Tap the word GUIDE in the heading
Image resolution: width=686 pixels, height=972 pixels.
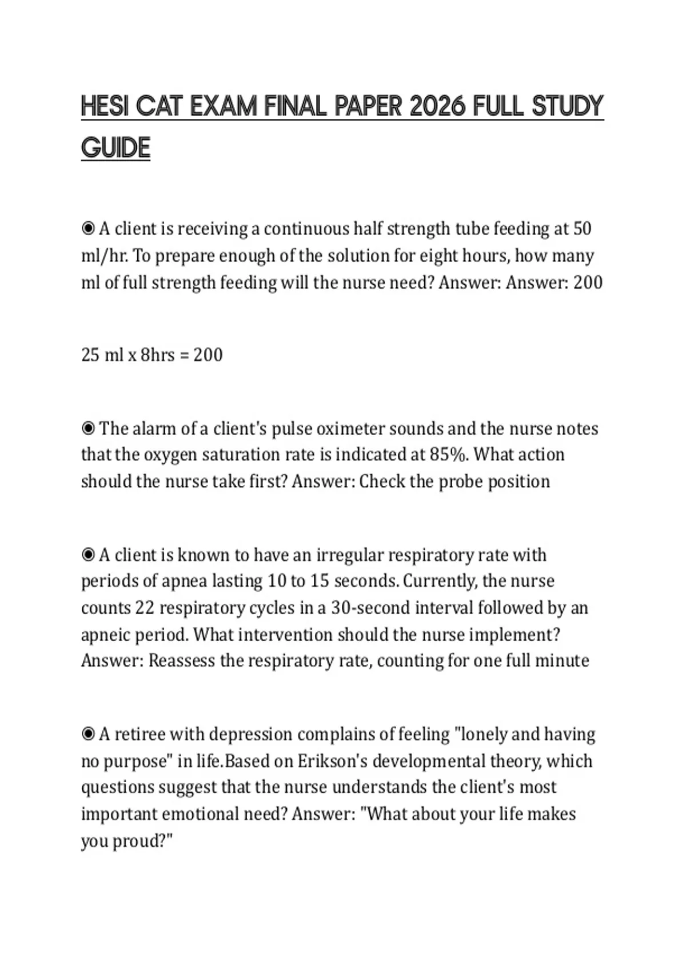(115, 148)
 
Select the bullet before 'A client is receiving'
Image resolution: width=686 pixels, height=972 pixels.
(88, 229)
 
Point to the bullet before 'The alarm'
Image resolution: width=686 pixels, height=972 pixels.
(88, 428)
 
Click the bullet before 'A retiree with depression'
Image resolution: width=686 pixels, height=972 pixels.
(88, 734)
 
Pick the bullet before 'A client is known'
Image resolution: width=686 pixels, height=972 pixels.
(88, 555)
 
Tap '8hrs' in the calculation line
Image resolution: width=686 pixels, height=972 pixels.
(157, 355)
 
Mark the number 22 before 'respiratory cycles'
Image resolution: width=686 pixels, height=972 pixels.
(145, 607)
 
